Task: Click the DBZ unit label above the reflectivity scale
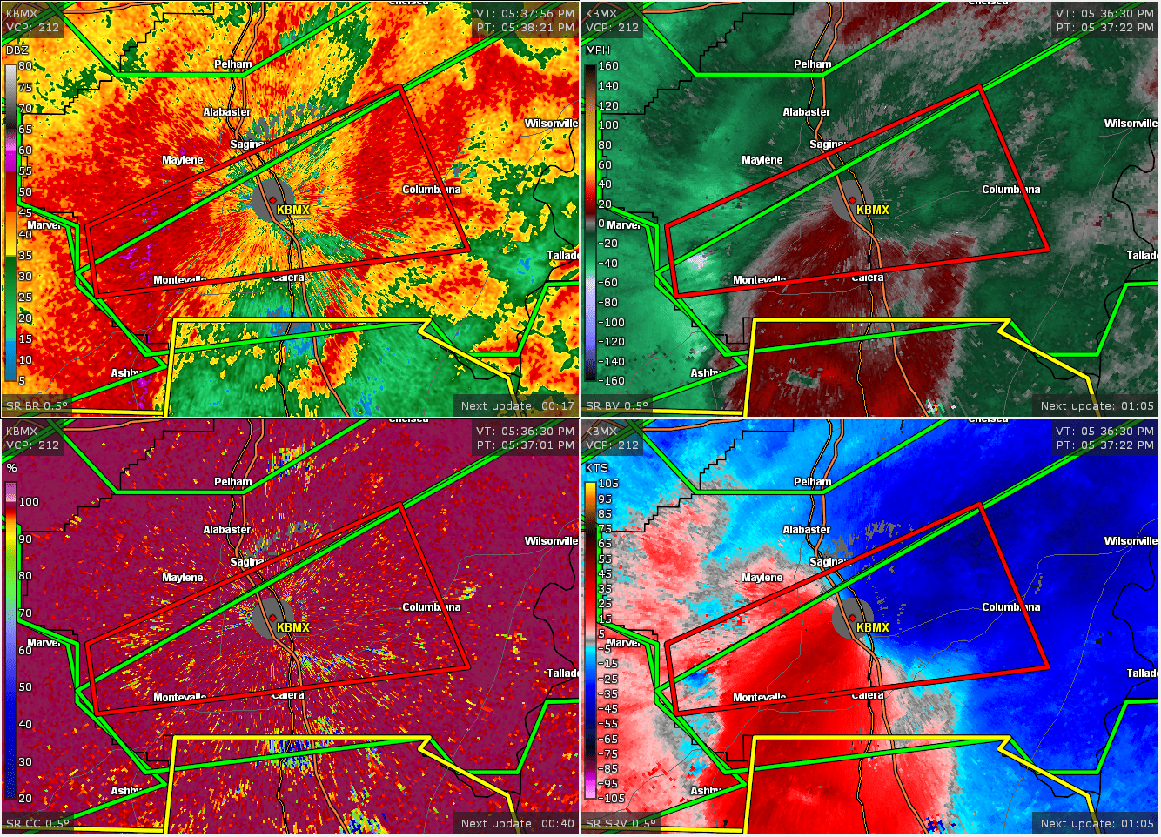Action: click(17, 50)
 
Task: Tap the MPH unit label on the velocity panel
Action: click(598, 50)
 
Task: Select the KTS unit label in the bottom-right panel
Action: click(597, 467)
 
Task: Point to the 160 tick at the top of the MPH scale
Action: click(608, 66)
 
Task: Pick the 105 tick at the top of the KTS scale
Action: click(608, 484)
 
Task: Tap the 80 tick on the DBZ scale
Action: click(25, 66)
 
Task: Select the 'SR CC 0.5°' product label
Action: click(37, 824)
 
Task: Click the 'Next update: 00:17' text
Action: click(517, 406)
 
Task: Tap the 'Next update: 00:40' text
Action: click(517, 824)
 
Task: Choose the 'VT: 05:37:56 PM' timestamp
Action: click(525, 14)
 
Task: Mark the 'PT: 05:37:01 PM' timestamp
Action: click(525, 445)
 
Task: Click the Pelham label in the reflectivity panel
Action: click(232, 64)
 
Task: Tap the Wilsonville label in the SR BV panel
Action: click(1131, 124)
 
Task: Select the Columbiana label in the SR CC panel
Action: click(431, 607)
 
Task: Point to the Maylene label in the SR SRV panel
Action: click(762, 578)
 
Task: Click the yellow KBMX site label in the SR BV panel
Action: click(873, 210)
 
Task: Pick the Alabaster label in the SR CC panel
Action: click(226, 530)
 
